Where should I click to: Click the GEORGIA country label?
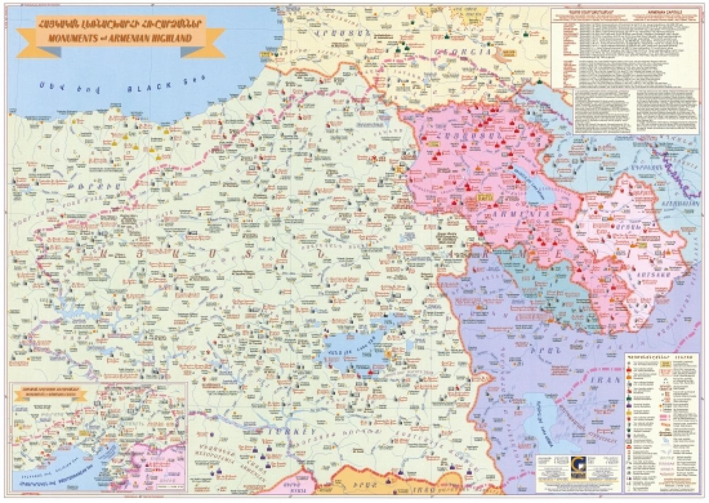click(471, 52)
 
